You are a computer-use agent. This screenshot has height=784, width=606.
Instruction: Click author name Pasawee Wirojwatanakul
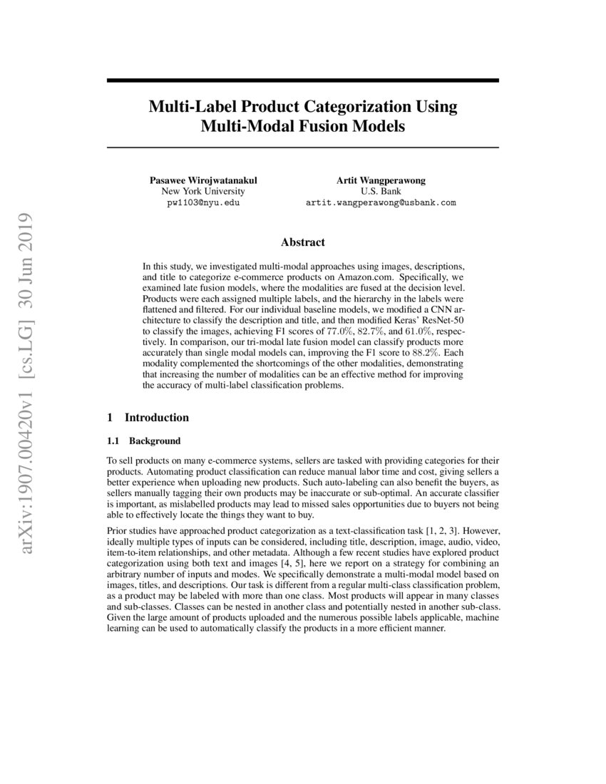tap(203, 180)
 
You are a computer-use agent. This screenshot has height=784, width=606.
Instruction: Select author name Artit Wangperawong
tap(381, 180)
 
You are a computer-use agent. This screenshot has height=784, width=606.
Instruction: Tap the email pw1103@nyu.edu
tap(203, 203)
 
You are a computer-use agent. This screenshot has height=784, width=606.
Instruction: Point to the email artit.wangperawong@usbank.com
tap(381, 203)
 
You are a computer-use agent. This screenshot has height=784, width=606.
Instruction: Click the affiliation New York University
tap(203, 192)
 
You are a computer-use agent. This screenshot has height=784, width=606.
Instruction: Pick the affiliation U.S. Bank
tap(381, 192)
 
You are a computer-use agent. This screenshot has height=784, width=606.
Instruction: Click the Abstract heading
tap(302, 243)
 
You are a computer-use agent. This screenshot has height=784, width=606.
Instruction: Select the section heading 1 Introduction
tap(148, 418)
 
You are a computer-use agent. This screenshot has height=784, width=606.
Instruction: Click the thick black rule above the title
tap(302, 81)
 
